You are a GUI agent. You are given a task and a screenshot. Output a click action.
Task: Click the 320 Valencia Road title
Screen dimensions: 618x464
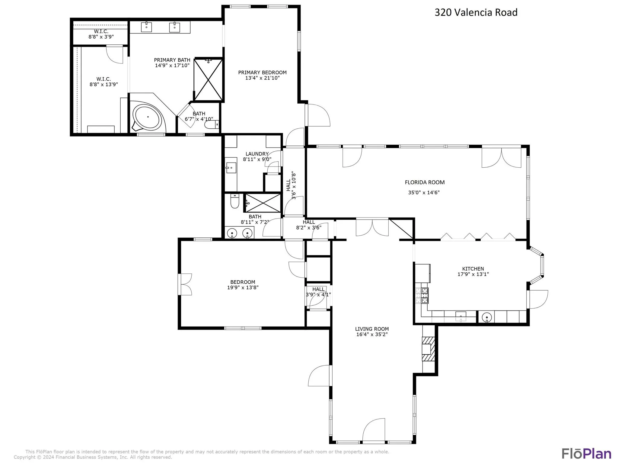pos(476,12)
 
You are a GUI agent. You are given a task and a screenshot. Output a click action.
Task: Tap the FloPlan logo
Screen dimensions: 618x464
pos(586,454)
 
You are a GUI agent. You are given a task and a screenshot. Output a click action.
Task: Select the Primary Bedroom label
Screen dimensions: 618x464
pos(262,72)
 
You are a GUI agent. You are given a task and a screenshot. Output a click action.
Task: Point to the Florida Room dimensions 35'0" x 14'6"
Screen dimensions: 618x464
pos(424,192)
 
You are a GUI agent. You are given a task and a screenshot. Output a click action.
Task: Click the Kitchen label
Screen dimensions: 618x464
pos(473,269)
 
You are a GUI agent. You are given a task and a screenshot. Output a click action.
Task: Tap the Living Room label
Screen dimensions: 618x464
pos(372,329)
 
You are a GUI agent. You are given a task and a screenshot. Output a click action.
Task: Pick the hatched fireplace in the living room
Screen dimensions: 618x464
pos(428,349)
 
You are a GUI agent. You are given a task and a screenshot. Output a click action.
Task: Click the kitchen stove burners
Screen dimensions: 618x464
pos(422,295)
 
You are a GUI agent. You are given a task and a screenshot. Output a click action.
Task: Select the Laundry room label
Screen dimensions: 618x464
pos(257,154)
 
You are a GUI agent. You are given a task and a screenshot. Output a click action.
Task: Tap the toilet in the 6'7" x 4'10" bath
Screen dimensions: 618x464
pos(212,124)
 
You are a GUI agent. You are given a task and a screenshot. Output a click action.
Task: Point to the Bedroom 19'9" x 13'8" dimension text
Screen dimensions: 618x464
pos(243,288)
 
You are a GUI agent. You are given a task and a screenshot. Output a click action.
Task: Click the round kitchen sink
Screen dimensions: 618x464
pos(487,317)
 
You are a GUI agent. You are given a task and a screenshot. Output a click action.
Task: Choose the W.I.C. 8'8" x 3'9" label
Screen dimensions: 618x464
pos(101,34)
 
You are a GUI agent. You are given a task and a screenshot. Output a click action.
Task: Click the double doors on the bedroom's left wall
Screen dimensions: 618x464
pos(185,284)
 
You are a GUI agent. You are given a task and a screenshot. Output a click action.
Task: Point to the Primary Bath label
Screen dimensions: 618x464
pos(172,60)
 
